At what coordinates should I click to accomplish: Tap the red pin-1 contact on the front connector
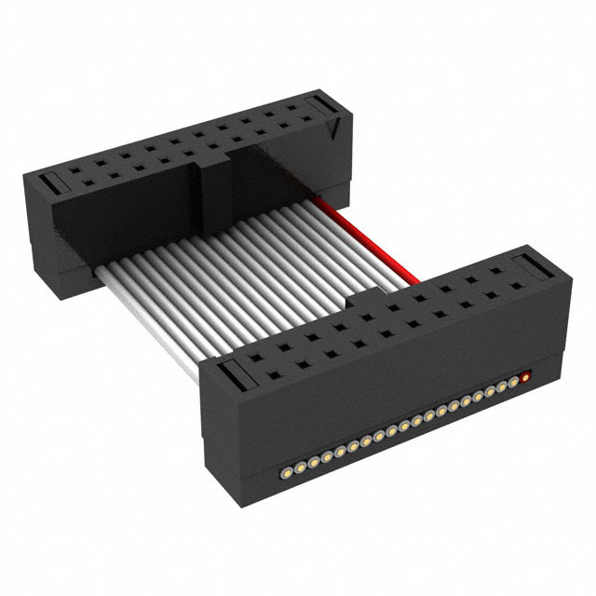click(x=528, y=377)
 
